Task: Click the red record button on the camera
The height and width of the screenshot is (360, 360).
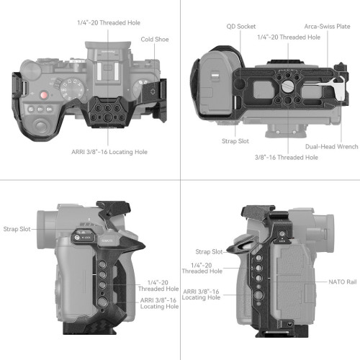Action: pyautogui.click(x=44, y=96)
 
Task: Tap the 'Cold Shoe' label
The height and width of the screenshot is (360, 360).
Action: pyautogui.click(x=155, y=40)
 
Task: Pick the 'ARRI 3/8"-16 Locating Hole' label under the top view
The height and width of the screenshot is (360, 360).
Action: pyautogui.click(x=107, y=151)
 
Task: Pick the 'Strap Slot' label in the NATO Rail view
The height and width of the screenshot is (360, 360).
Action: pyautogui.click(x=208, y=252)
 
